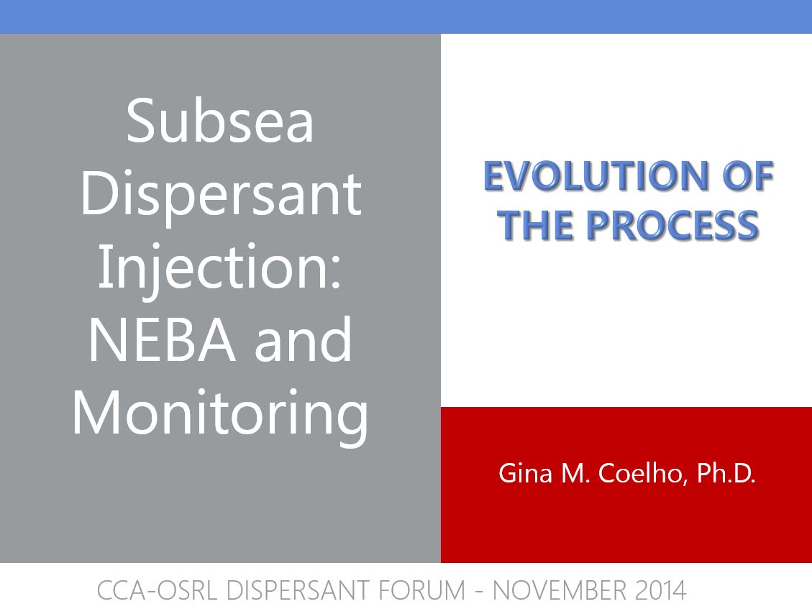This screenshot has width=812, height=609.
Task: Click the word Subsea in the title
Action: pyautogui.click(x=220, y=121)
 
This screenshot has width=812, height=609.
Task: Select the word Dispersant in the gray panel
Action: pyautogui.click(x=221, y=196)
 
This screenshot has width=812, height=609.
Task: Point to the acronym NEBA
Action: pyautogui.click(x=162, y=339)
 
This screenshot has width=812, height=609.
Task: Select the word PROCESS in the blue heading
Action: pyautogui.click(x=672, y=225)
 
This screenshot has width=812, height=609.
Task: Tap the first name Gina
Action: pyautogui.click(x=525, y=473)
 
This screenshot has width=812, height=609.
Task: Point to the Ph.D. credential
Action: pyautogui.click(x=726, y=473)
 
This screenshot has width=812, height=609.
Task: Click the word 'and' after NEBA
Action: pyautogui.click(x=303, y=339)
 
